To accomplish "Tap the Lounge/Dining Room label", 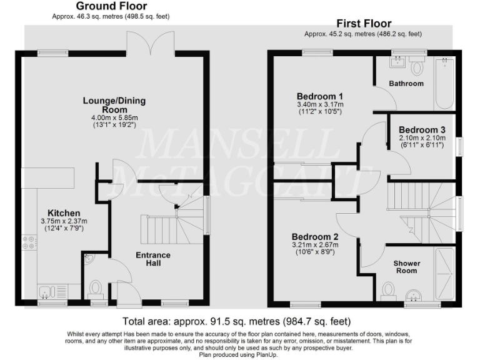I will point(110,104).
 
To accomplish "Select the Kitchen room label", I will point(64,213).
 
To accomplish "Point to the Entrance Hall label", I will point(153,259).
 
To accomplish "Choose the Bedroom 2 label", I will point(316,237).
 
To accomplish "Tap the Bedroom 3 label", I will point(422,129).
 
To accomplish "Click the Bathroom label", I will point(406,83).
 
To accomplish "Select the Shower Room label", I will point(406,267).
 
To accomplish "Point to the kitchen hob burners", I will point(29,242).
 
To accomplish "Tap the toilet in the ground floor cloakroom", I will point(96,288).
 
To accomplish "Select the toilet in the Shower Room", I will point(388,289).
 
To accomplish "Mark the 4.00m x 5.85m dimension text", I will point(110,117).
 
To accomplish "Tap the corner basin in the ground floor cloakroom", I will point(88,258).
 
